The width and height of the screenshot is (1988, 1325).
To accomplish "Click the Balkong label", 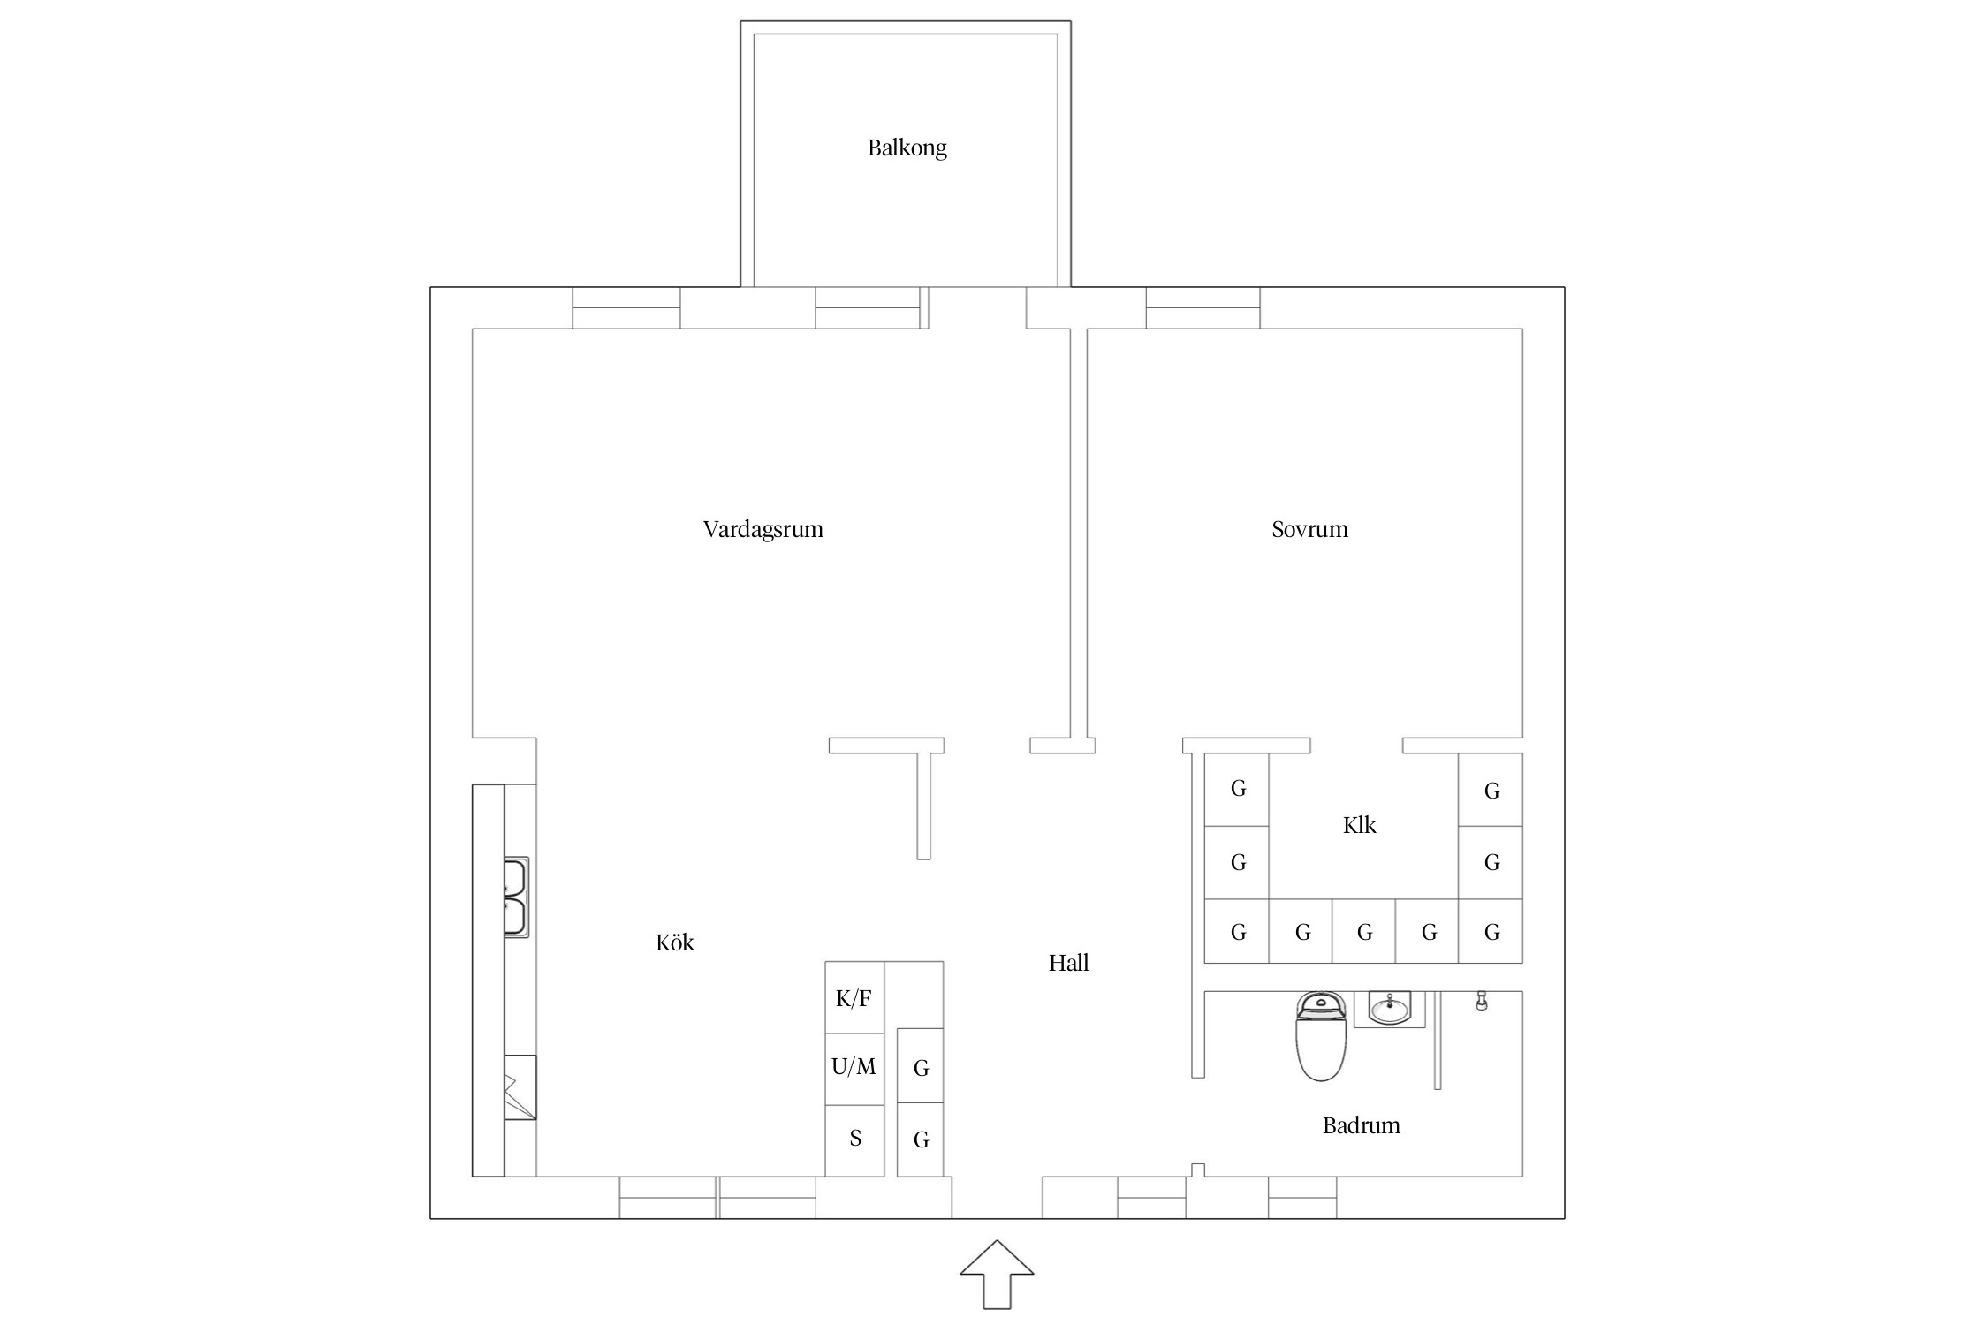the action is coord(907,148).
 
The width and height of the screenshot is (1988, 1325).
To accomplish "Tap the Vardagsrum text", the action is coord(763,530).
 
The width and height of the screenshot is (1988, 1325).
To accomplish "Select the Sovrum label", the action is coord(1309,530).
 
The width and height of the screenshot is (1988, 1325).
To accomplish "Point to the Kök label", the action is coord(674,943).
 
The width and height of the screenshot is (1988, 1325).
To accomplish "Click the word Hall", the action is coord(1068,963).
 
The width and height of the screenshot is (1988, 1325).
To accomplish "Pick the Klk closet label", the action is coord(1359,825).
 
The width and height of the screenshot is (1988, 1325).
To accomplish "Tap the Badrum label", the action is coord(1361,1125).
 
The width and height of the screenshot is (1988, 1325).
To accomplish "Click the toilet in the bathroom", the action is coord(1321,1036).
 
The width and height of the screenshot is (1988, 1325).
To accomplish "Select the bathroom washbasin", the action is coord(1390,1009).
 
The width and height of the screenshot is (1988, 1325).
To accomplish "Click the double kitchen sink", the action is coord(516,897).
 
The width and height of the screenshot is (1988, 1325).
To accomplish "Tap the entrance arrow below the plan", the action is coord(997,1274).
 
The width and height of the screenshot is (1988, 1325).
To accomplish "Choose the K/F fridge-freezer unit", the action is coord(854,997).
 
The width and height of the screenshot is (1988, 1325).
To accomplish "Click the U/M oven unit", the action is coord(854,1069).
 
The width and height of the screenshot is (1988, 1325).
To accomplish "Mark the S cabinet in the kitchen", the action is coord(854,1140).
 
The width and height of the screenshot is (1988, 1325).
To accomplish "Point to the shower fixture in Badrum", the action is coord(1482,1001).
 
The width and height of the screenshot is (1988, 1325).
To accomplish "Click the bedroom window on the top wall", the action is coord(1203,308).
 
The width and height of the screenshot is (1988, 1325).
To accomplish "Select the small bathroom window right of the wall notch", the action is coord(1302,1198).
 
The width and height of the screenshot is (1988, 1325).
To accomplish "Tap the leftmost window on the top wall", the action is coord(626,308).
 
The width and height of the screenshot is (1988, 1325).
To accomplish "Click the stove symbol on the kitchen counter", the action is coord(520,1088).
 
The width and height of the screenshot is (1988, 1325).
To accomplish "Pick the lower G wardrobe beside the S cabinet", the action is coord(921,1139).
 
